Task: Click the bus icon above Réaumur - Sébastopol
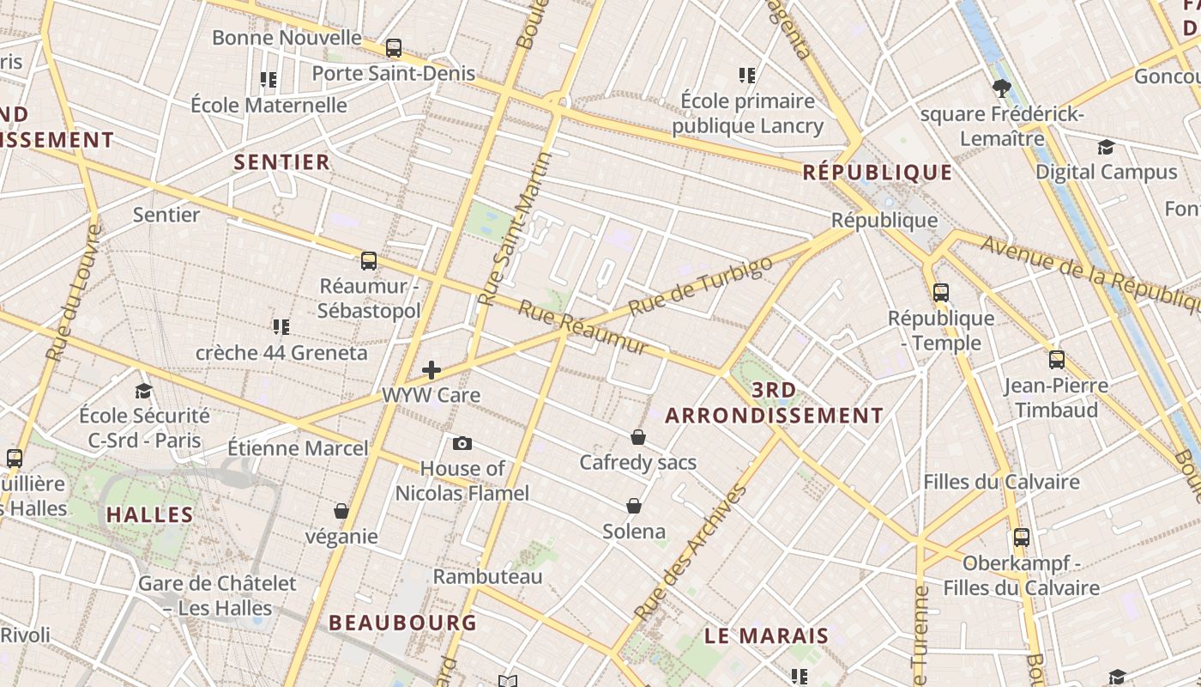[369, 261]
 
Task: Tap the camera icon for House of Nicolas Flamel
[462, 443]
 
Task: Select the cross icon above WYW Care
[432, 370]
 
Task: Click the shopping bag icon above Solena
[634, 506]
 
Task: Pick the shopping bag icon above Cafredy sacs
[638, 437]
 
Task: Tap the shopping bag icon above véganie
[341, 511]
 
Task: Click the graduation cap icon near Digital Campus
[1106, 147]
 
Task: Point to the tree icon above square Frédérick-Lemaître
[1001, 88]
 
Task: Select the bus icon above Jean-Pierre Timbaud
[1057, 360]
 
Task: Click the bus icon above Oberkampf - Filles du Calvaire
[1022, 538]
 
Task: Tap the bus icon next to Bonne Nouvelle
[394, 48]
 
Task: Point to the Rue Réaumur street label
[583, 328]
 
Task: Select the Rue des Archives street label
[691, 553]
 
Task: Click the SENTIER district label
[282, 161]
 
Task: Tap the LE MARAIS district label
[767, 636]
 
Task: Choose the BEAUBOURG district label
[402, 623]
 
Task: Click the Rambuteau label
[487, 576]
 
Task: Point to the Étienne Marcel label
[298, 447]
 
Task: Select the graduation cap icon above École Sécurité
[143, 391]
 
